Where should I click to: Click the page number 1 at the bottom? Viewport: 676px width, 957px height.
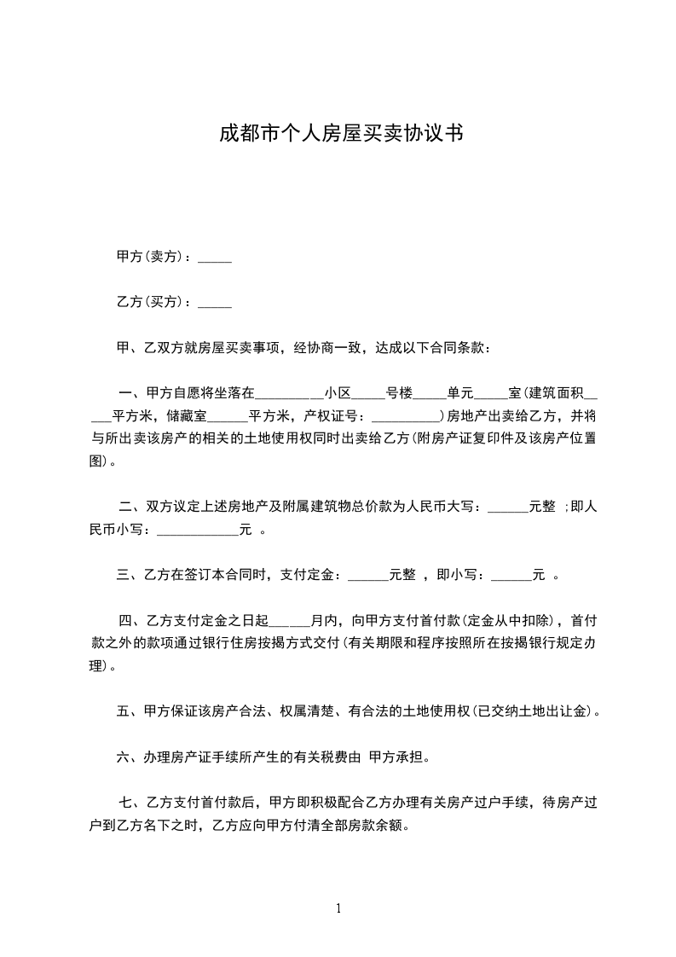coord(338,908)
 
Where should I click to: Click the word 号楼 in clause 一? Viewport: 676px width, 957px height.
coord(400,393)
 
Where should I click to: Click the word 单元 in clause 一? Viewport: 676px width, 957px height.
coord(460,393)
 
